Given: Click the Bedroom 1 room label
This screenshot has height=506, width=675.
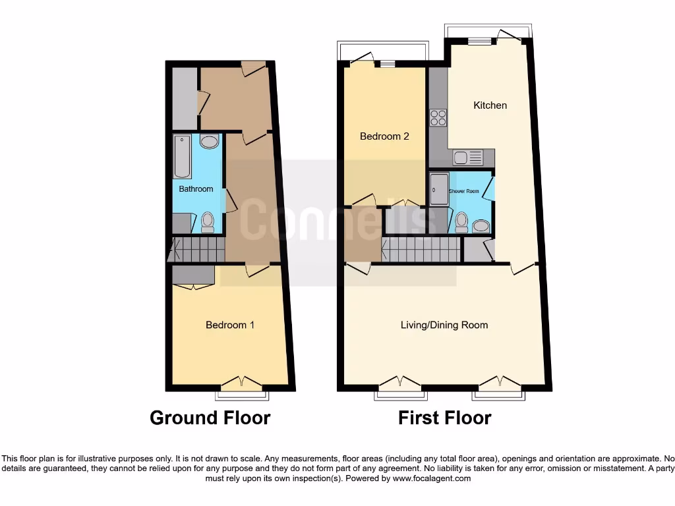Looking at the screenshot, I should point(230,325).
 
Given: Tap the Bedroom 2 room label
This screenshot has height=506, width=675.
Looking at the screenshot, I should point(384,136).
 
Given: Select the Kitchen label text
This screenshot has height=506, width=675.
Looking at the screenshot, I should point(490,105).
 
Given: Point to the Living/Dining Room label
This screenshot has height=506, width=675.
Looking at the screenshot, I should point(444,325).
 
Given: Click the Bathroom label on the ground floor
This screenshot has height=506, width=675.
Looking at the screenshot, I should point(196,189).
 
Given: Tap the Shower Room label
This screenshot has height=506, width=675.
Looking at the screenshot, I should point(464,191).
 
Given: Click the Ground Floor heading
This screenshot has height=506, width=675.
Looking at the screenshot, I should point(210,418).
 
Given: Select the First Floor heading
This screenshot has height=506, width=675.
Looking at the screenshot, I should point(444,418).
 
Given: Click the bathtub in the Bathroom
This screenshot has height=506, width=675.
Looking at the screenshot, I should point(182,157).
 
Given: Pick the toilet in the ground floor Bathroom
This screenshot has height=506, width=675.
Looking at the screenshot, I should point(208,222).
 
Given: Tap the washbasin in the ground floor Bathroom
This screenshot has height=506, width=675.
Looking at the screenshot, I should point(209,142).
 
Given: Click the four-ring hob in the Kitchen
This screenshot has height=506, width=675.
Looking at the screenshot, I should point(438,117).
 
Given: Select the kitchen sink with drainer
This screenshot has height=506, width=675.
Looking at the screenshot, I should point(467,157).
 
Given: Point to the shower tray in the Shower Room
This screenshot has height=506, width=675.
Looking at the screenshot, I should point(439,190).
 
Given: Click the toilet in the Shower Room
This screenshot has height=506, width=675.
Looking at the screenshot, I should point(461,222).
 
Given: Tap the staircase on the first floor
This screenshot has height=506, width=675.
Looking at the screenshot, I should point(421,250).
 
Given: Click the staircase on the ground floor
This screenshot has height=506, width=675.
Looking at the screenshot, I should point(196,250).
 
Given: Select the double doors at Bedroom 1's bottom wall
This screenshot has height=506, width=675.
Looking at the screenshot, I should point(241,383).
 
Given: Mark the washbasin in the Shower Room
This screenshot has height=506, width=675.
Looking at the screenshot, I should point(481,226).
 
